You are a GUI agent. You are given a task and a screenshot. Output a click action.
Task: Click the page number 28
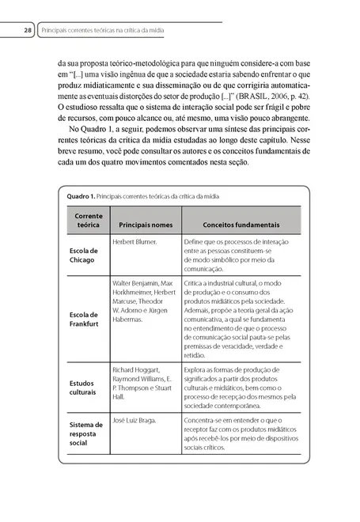tap(26, 32)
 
